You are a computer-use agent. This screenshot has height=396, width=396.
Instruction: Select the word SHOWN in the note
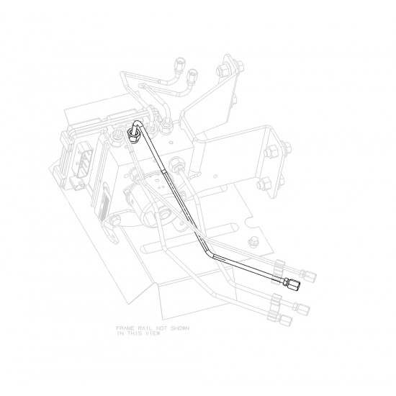click(180, 328)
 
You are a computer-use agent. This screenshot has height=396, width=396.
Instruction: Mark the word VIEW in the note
click(153, 333)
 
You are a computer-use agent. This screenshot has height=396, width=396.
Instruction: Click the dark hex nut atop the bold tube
click(133, 135)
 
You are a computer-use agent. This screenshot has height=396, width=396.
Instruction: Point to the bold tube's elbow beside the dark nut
click(138, 124)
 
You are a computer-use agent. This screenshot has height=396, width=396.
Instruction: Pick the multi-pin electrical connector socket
click(84, 158)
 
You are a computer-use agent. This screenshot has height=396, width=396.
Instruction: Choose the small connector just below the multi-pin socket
click(78, 183)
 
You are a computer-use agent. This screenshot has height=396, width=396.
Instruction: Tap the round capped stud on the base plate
click(252, 240)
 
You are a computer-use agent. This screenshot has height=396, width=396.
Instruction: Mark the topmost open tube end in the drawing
click(180, 62)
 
